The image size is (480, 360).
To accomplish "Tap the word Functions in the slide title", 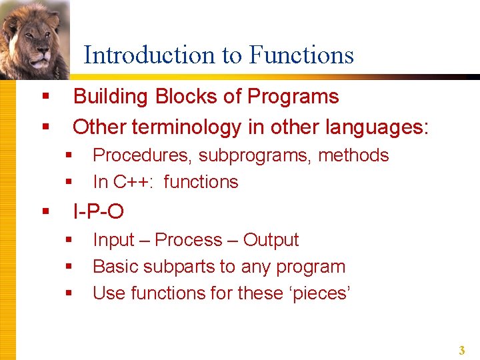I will [301, 55].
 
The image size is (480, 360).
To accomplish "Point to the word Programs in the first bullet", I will [293, 97].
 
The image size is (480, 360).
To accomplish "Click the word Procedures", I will [143, 155].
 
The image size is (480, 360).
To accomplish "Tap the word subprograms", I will [255, 156].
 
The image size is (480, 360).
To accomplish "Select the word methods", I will [353, 155].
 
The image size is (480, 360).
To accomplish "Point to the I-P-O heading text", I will [98, 211].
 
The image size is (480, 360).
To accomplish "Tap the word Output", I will [271, 240].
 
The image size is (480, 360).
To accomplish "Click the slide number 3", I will [461, 350].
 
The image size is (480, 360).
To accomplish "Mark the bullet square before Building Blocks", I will [46, 97].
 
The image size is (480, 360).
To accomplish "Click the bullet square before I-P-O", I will [46, 212].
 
